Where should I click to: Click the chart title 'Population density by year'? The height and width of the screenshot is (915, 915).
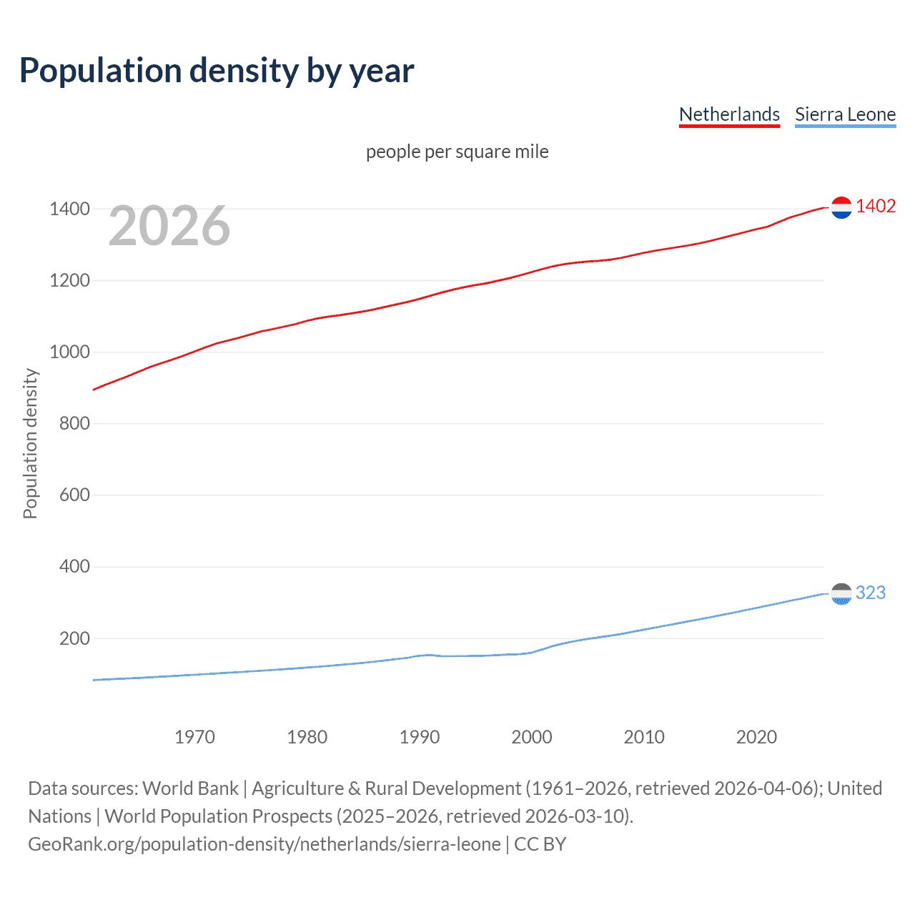217,71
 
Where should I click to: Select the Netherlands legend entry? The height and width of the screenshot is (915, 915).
729,114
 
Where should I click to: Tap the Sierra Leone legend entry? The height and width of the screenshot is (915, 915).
845,114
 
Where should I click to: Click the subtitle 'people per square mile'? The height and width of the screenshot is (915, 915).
457,152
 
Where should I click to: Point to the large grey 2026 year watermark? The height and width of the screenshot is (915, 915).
169,226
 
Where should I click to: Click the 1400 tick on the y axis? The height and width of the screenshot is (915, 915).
69,209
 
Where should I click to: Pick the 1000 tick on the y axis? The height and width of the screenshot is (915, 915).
69,352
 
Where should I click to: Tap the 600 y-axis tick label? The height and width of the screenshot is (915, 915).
74,495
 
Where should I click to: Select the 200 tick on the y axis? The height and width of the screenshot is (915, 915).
74,638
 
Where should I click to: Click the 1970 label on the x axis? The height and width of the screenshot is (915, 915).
194,737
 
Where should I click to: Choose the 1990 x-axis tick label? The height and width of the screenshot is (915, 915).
420,737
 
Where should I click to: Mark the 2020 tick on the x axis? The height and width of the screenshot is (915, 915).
756,737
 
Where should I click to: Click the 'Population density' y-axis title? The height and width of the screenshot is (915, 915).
30,443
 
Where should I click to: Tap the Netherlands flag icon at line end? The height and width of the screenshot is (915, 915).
841,207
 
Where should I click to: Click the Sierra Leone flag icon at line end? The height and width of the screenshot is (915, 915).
841,594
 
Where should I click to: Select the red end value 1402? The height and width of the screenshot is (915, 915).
876,207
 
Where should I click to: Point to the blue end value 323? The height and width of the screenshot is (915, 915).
871,593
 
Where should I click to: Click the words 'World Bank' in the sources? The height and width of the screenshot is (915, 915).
190,788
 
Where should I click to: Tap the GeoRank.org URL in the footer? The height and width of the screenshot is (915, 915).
264,844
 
